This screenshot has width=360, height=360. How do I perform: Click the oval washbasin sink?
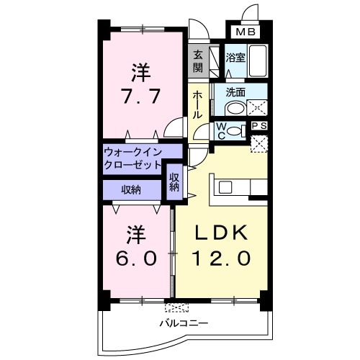point(233,109)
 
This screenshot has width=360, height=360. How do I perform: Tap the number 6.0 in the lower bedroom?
point(138,246)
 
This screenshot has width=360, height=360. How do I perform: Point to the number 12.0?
point(222,257)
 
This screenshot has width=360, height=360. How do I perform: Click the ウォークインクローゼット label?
point(132,158)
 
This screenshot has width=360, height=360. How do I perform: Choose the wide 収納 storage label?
point(131,189)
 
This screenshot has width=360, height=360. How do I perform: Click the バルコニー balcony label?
point(185,323)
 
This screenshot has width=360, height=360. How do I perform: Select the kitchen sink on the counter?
point(225,187)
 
